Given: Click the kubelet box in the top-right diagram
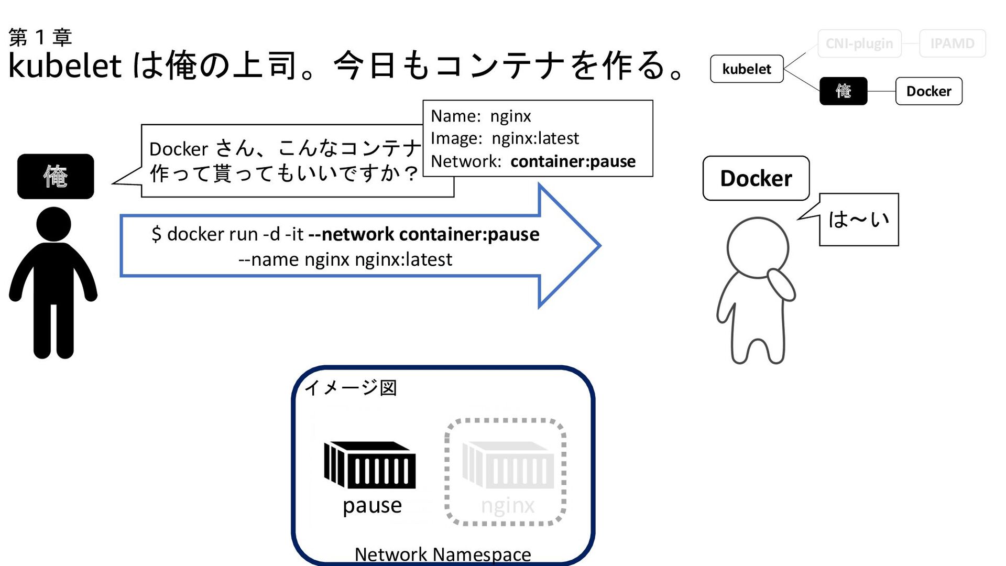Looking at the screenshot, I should tap(747, 69).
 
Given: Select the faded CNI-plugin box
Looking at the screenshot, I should tap(859, 43).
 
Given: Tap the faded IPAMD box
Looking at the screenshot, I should tap(952, 43).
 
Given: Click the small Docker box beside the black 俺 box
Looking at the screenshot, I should tap(928, 91).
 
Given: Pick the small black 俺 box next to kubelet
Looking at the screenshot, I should tap(843, 91).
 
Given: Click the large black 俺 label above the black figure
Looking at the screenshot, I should tap(56, 176).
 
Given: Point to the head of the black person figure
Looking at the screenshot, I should tap(53, 224).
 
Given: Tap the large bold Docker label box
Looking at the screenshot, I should tap(756, 178).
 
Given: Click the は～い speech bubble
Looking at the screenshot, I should tap(858, 220).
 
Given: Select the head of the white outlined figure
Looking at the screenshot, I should tap(758, 247).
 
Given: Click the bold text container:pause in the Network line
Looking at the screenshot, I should tap(573, 161).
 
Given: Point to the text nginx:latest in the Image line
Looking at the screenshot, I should tap(535, 138).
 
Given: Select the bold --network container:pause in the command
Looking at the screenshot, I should tap(423, 234).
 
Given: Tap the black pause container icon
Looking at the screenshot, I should tap(370, 464).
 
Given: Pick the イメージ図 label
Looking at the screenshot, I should tap(351, 388).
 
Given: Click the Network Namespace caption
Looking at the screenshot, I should tap(443, 554).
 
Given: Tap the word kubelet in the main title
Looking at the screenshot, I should tap(65, 66).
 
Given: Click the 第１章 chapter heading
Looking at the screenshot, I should tap(40, 37).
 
